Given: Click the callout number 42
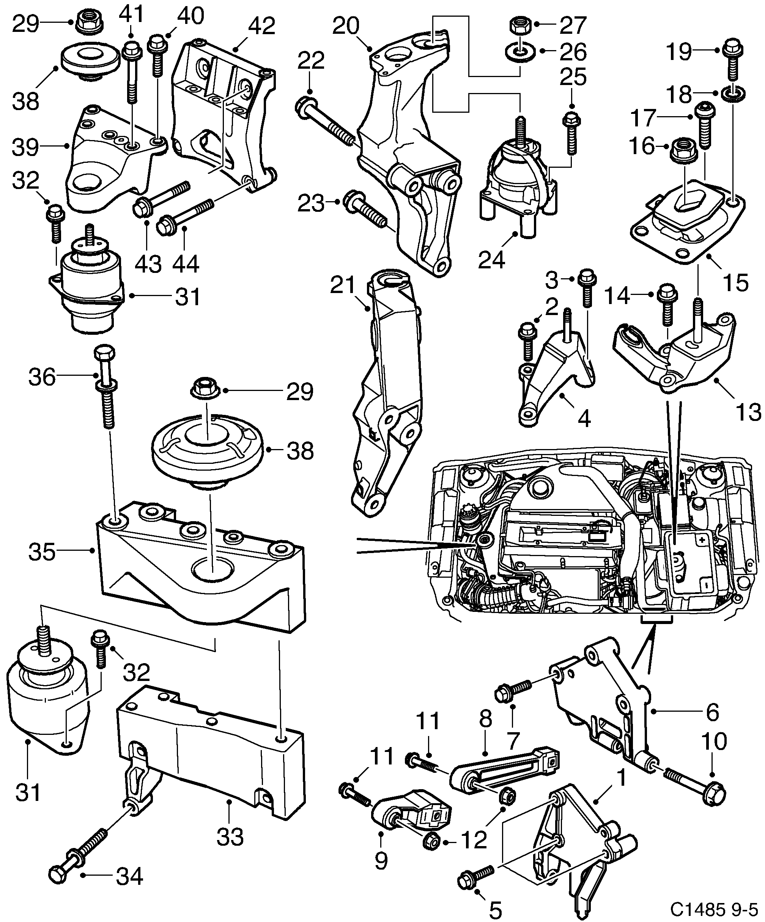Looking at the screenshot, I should pyautogui.click(x=261, y=26).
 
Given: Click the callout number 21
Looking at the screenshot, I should pyautogui.click(x=343, y=285).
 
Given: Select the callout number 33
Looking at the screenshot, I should pyautogui.click(x=230, y=837).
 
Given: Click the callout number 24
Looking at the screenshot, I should pyautogui.click(x=491, y=260).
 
